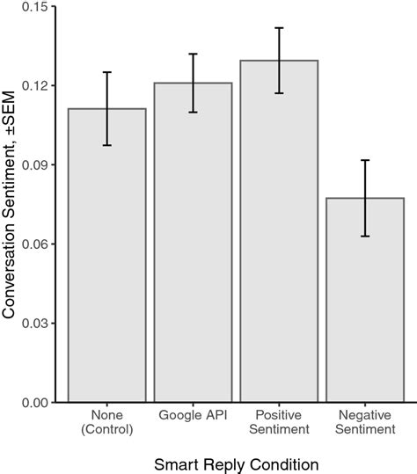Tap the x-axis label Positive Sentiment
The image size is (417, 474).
tap(279, 423)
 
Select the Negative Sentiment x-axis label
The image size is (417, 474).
tap(365, 423)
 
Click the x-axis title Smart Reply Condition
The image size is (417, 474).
tap(236, 462)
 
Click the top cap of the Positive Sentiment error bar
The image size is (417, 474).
tap(279, 28)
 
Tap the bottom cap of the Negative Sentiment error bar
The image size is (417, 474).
tap(365, 237)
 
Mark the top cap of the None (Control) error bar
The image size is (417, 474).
tap(107, 72)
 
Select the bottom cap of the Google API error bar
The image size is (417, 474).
tap(194, 113)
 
